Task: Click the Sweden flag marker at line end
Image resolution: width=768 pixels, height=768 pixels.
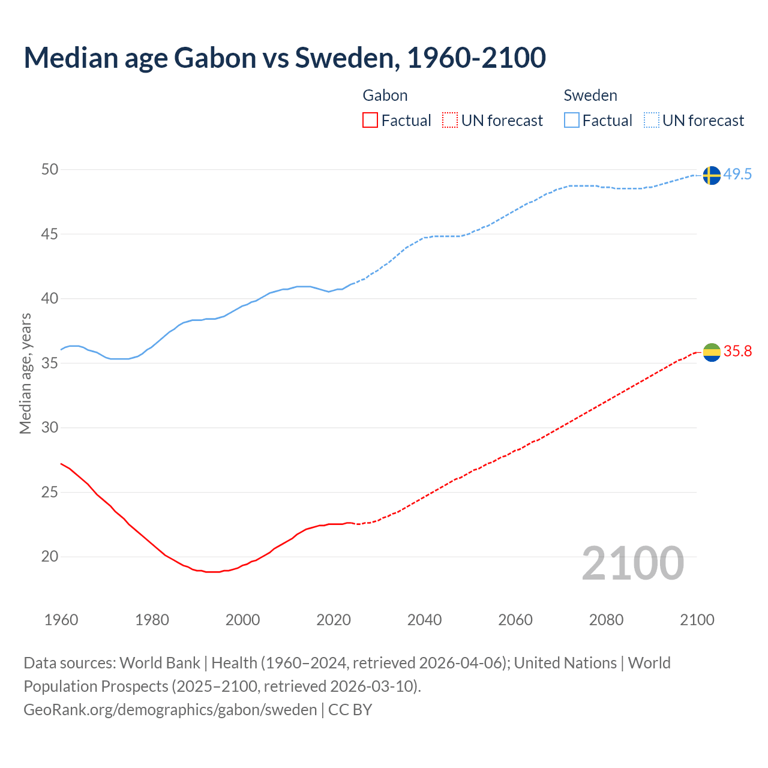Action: tap(711, 175)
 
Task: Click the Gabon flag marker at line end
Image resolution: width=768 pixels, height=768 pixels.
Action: tap(711, 352)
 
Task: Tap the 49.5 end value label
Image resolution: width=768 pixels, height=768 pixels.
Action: tap(737, 175)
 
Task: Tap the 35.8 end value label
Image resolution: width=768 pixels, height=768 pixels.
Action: tap(737, 352)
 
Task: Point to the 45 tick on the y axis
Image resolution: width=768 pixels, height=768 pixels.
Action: tap(50, 234)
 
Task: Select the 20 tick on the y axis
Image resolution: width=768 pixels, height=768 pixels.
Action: tap(50, 557)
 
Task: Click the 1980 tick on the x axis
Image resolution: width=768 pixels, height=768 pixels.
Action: tap(152, 620)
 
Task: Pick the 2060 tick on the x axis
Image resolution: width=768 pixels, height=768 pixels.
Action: tap(515, 620)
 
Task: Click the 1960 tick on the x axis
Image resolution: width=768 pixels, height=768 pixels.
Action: tap(61, 620)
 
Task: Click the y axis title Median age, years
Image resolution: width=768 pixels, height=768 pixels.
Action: tap(25, 373)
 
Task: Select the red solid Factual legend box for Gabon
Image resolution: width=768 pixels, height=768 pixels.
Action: tap(370, 121)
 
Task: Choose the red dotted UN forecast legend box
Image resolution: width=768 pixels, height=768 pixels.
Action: tap(450, 121)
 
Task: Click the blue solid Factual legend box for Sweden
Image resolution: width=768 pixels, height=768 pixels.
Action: tap(571, 121)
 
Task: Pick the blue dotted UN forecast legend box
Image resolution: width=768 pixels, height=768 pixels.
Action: tap(651, 121)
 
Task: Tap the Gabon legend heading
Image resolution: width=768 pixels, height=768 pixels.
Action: tap(385, 95)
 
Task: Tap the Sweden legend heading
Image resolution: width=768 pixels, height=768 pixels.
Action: tap(590, 95)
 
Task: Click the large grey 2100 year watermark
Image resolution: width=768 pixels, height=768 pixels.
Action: tap(633, 563)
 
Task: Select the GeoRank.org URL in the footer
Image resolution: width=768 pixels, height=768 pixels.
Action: tap(170, 710)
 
